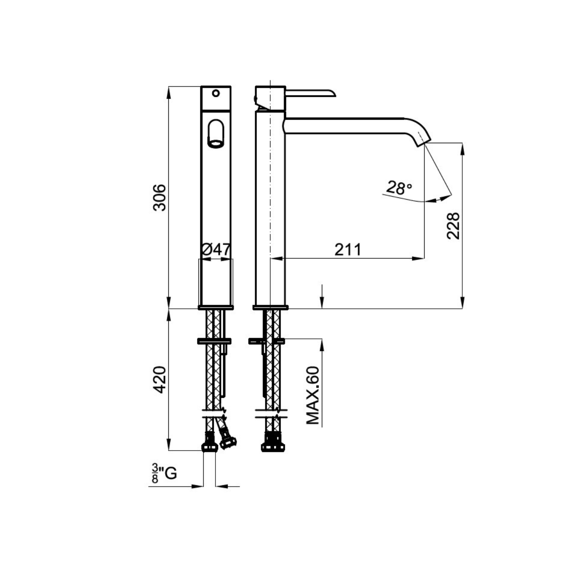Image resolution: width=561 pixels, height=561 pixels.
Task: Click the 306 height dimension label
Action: pos(159,197)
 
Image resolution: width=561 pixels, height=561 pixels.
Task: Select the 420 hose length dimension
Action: pos(159,380)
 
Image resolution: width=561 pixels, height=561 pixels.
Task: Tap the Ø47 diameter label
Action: pos(216,250)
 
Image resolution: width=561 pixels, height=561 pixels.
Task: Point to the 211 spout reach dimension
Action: pos(348,250)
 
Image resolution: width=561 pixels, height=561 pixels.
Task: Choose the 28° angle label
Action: pos(399,188)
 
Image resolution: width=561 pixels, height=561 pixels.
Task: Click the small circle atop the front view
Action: pos(216,93)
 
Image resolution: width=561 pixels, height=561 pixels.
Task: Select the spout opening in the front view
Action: pos(216,134)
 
